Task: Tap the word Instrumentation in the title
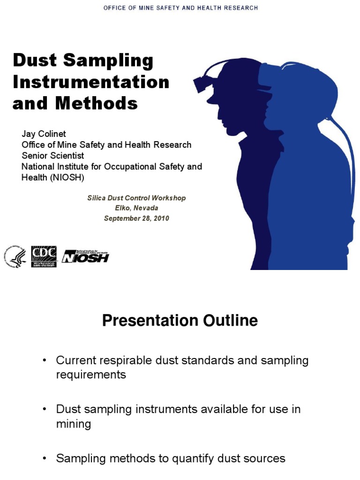91,82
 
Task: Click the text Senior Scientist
52,156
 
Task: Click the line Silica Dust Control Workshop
136,198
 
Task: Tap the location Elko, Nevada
136,208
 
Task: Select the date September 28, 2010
136,218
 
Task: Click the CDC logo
44,256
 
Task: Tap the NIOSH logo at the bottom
85,256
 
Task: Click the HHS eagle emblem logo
15,257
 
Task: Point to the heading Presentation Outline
180,321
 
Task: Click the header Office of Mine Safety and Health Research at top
180,8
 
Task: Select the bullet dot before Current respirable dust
45,360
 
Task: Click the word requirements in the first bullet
91,375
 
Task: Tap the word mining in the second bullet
74,424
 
